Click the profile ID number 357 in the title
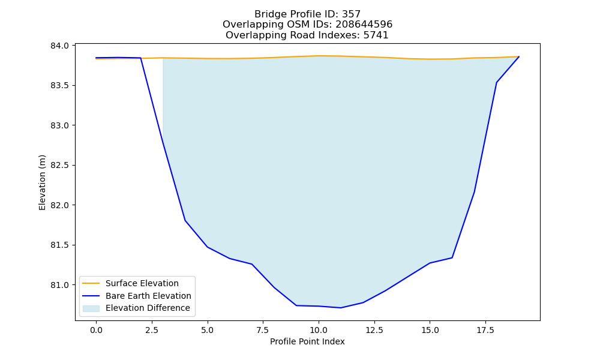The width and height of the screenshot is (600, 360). point(351,14)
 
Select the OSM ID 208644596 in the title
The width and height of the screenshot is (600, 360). point(364,25)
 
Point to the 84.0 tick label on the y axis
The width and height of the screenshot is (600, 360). point(59,46)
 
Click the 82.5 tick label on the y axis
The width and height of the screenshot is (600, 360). point(59,166)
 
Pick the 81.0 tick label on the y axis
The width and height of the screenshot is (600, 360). point(59,286)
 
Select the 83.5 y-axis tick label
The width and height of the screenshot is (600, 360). point(59,86)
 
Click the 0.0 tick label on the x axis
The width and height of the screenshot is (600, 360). point(96,330)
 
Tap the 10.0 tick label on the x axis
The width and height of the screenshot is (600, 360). point(319,330)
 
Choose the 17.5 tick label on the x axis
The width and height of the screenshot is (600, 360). point(485,330)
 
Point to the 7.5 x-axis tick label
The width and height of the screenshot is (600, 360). point(263,330)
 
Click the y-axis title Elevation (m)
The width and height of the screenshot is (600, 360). point(42,182)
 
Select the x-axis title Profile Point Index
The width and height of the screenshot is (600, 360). point(307,341)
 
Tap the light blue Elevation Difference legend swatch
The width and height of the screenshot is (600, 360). point(91,308)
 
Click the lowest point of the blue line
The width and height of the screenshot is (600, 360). point(341,308)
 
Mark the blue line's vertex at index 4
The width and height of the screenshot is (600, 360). point(185,220)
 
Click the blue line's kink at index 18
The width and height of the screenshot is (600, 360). point(497,83)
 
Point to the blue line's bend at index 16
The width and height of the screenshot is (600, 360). point(452,258)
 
